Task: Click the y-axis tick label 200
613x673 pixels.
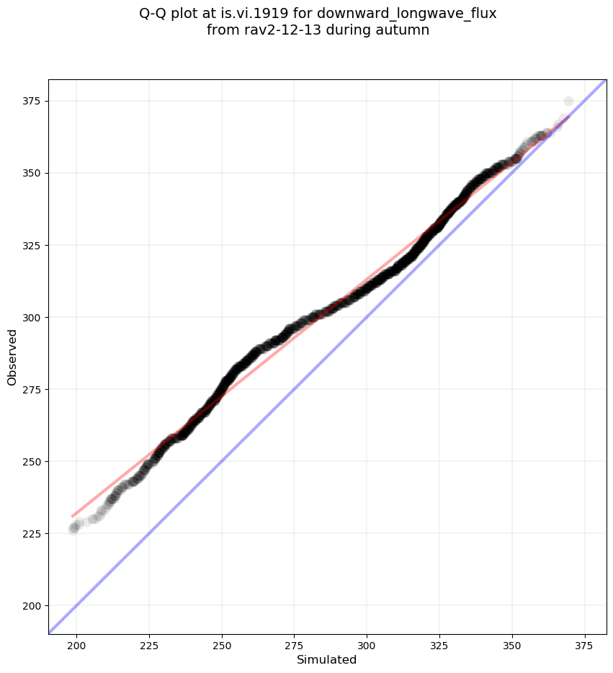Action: pos(32,605)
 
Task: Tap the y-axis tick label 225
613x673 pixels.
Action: pos(32,533)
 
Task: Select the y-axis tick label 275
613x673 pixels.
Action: pos(32,389)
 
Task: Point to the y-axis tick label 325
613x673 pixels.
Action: pos(32,245)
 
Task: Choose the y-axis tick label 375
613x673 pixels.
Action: pos(32,101)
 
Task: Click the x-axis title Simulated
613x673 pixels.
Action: pos(327,659)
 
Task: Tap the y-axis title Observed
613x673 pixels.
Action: pos(12,357)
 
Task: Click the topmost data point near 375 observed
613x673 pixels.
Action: pos(568,101)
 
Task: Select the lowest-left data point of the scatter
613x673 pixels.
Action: pos(73,529)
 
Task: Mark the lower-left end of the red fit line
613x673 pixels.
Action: pos(73,516)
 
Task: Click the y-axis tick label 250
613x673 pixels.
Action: pos(32,461)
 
